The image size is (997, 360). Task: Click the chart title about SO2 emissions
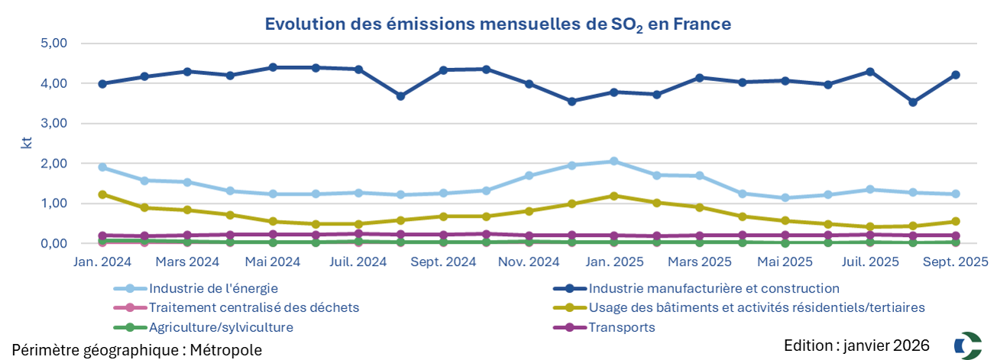coord(497,24)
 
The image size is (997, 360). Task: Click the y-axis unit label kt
coord(25,142)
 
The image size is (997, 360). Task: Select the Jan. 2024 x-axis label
coord(102,262)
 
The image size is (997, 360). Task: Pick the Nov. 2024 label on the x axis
coord(529,262)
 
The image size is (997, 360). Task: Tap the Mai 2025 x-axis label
coord(784,262)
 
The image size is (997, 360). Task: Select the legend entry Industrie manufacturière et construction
coord(714,289)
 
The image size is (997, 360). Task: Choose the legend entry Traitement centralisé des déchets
coord(254,308)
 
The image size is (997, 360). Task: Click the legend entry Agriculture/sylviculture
coord(221,328)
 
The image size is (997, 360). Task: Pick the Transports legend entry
coord(621,328)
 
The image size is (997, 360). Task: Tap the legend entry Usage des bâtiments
coord(756,308)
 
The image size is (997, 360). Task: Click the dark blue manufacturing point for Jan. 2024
coord(102,84)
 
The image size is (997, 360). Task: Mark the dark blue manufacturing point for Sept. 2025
coord(955,75)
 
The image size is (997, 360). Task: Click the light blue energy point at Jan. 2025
coord(613,161)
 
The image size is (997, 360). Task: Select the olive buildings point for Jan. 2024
coord(102,195)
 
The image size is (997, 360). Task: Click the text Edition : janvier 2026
coord(856,345)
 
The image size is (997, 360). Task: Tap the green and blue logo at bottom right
coord(967,345)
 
